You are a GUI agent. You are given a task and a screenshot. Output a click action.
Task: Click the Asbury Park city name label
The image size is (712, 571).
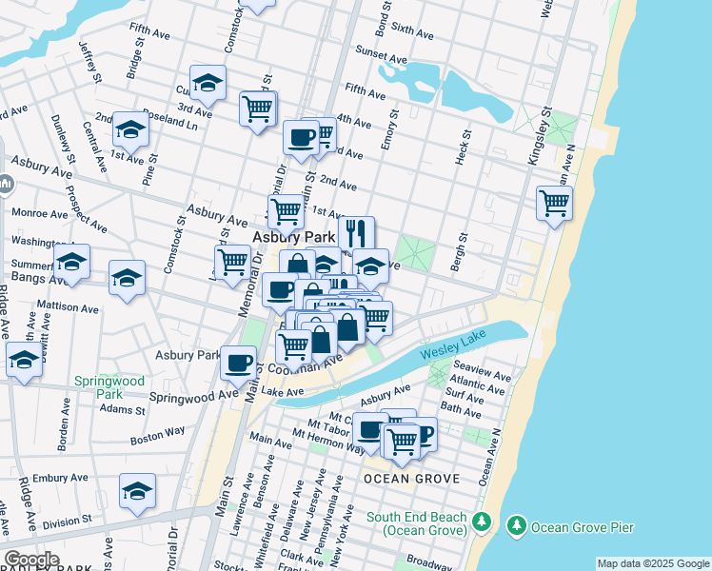(x=291, y=236)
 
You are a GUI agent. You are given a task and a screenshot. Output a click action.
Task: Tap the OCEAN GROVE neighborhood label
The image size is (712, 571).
(x=411, y=479)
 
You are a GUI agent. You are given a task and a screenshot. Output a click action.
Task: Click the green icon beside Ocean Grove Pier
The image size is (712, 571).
(x=517, y=525)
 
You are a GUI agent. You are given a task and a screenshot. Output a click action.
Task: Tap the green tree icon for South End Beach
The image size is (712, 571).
(x=482, y=522)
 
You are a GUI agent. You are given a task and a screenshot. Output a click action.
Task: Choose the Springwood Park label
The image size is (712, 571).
(x=109, y=387)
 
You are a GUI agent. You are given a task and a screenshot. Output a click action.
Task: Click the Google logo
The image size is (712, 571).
(x=30, y=560)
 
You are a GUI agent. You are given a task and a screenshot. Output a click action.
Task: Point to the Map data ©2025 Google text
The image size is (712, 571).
(x=652, y=563)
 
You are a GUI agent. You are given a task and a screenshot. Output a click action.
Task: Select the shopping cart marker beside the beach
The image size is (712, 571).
(x=554, y=203)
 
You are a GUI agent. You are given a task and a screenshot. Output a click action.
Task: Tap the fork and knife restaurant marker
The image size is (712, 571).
(x=356, y=232)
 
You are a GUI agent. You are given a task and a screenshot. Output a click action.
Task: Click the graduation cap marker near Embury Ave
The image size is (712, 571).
(x=137, y=491)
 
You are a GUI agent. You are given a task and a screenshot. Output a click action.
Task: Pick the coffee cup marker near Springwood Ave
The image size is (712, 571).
(x=238, y=362)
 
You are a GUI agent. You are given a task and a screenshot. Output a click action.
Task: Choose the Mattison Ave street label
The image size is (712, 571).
(x=68, y=308)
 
